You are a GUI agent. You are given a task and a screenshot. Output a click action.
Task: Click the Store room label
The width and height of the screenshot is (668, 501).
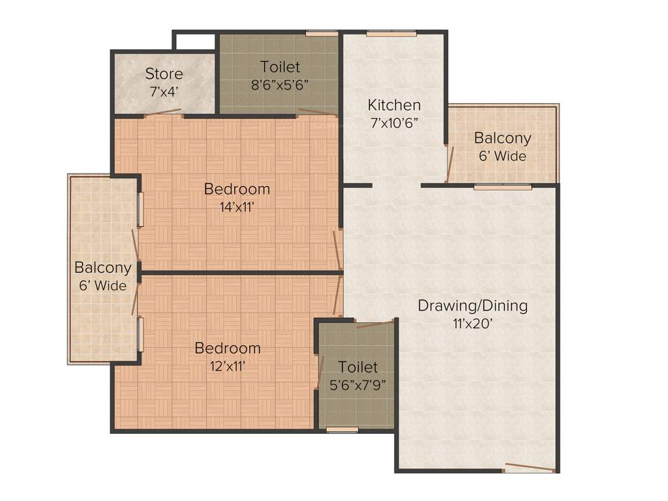[164, 74]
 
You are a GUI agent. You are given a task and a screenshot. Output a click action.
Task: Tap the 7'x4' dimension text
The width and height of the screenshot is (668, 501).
[164, 92]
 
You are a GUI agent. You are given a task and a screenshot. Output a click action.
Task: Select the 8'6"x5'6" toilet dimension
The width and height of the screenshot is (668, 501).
[280, 85]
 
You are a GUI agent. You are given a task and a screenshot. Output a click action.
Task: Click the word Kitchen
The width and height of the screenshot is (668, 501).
[394, 105]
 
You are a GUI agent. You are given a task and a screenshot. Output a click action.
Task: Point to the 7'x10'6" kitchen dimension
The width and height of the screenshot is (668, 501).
[394, 123]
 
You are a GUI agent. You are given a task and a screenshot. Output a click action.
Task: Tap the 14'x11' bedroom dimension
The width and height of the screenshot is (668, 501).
[237, 207]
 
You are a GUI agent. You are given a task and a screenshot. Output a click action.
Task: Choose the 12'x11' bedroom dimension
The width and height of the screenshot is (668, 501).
[228, 367]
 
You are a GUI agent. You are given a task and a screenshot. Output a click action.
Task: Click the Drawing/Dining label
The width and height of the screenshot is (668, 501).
[472, 305]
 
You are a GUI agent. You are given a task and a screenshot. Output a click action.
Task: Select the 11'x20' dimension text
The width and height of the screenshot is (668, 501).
[472, 324]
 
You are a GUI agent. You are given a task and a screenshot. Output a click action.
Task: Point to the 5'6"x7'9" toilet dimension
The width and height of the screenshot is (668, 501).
[357, 384]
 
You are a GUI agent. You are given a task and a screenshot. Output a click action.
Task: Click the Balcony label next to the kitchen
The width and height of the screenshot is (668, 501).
[502, 138]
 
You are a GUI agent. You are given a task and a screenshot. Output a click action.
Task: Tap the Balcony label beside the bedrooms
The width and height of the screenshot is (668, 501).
[102, 267]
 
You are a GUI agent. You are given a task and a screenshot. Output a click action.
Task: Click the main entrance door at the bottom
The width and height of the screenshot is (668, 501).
[529, 468]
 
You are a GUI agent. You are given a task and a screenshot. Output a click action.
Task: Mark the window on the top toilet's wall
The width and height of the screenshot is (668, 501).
[322, 33]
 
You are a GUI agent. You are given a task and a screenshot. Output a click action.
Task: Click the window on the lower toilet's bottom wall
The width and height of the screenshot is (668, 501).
[342, 430]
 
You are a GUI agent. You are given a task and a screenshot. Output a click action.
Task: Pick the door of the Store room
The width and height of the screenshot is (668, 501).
[162, 114]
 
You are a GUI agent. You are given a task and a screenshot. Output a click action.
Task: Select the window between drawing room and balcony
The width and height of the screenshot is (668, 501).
[502, 187]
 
